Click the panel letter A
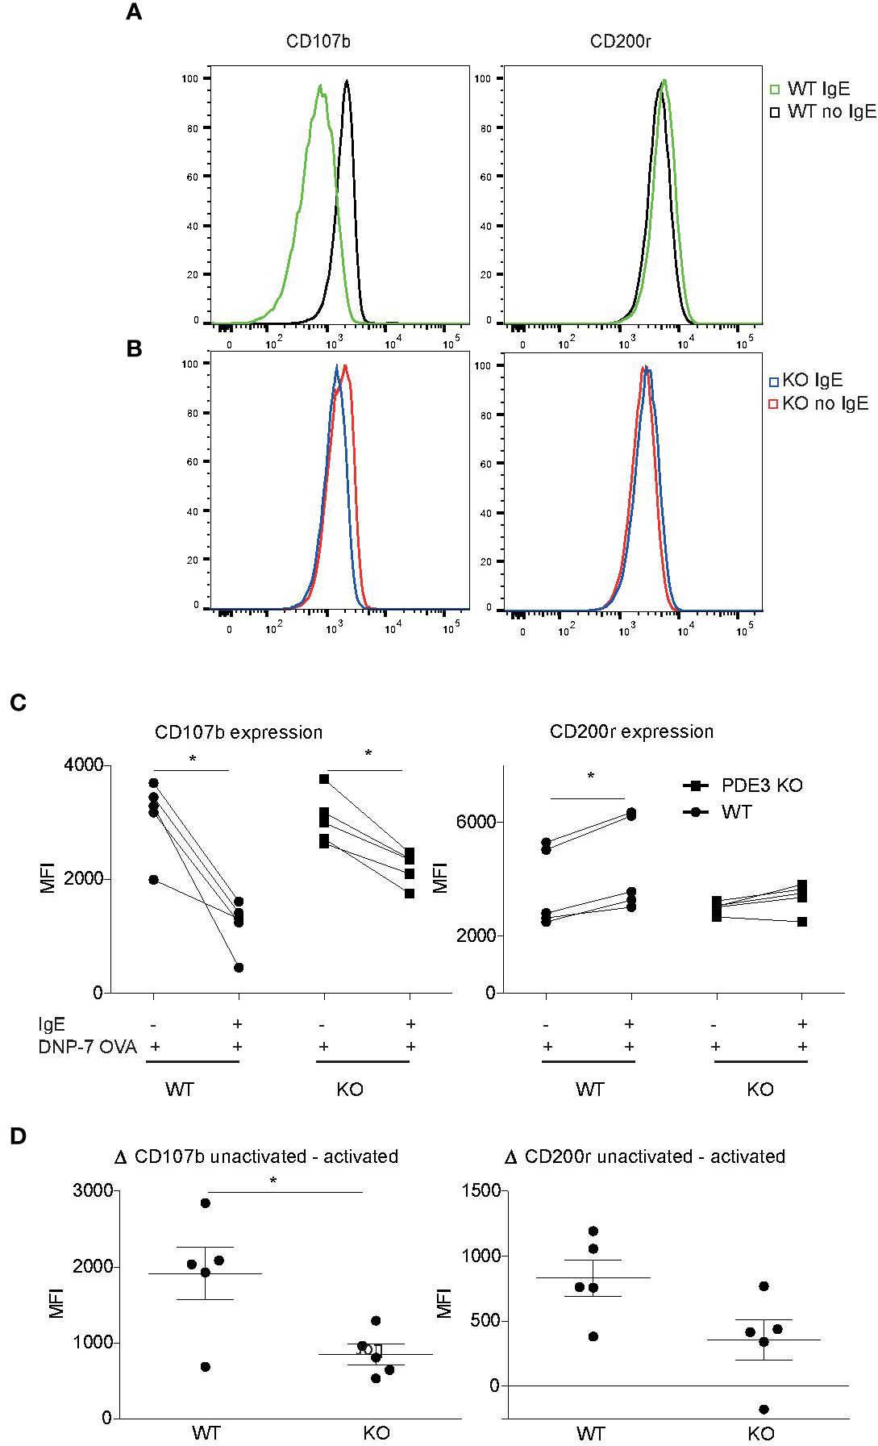point(134,13)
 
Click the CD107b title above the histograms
point(318,41)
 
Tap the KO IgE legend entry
point(811,380)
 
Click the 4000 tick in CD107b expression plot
point(84,765)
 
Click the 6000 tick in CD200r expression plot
point(472,822)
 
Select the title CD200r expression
point(631,731)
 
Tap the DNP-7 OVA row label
point(88,1047)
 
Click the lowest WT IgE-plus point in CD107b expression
point(239,967)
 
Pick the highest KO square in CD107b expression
point(324,779)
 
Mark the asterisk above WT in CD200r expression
point(591,777)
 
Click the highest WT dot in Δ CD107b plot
point(206,1203)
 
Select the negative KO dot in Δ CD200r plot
point(764,1409)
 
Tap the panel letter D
point(18,1136)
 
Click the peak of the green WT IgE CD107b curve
point(320,86)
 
